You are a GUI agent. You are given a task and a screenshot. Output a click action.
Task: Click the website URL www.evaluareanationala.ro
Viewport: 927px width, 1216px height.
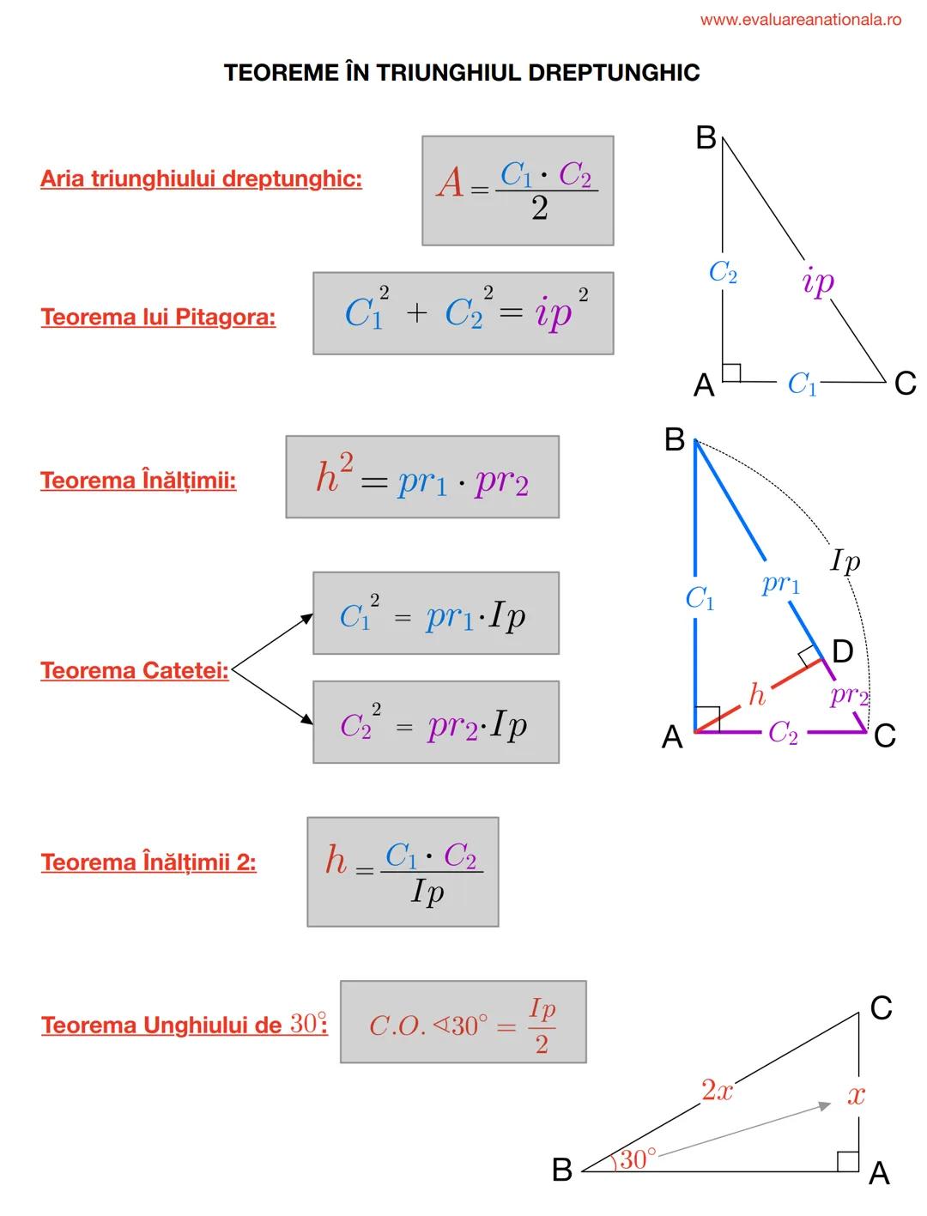click(800, 20)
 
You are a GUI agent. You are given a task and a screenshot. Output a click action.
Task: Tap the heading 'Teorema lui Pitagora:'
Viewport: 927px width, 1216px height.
click(158, 317)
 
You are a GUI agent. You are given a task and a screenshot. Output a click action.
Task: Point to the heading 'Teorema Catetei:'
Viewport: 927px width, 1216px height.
click(135, 670)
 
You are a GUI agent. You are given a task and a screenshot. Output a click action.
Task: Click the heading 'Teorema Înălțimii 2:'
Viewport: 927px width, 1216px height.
click(148, 862)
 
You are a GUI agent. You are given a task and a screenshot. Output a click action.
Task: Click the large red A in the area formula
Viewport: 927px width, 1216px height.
click(450, 183)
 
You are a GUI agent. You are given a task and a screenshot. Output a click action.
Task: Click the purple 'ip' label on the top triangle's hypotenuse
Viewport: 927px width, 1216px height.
click(817, 281)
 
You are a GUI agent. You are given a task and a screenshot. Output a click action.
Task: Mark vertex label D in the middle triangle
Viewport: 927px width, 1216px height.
click(843, 652)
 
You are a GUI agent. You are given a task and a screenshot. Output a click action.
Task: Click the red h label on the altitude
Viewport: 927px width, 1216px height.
click(756, 694)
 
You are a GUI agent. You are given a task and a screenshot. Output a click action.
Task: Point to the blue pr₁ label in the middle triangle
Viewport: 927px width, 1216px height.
click(780, 584)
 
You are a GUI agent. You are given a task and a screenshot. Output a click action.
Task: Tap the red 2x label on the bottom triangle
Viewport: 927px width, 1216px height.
click(717, 1091)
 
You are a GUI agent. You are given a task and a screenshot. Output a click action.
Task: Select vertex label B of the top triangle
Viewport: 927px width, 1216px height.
click(706, 137)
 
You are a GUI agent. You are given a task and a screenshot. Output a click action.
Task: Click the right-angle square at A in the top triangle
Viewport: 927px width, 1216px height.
click(731, 372)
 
